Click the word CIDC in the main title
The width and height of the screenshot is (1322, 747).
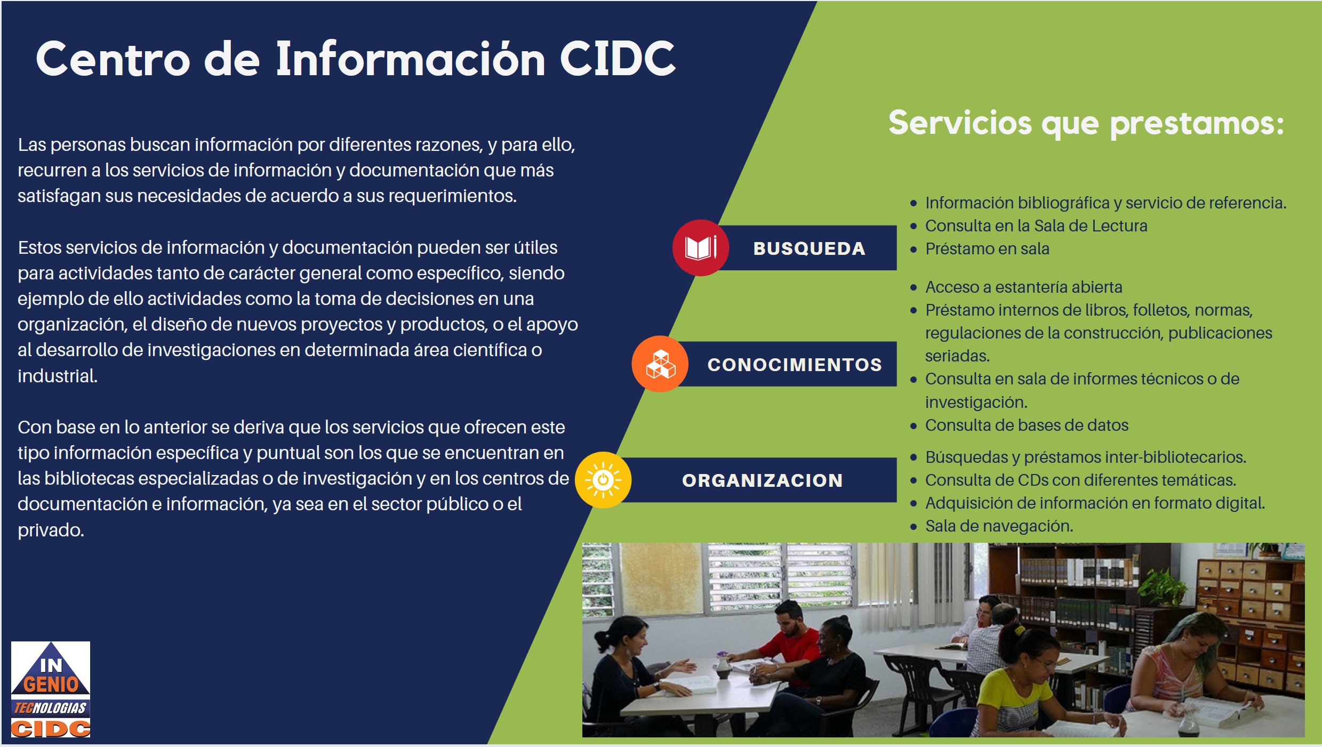(618, 59)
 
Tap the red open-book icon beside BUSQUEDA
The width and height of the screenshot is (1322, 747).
(700, 248)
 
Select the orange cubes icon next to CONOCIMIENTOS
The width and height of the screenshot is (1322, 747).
(660, 364)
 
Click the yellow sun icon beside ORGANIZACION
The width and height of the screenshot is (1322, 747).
(603, 480)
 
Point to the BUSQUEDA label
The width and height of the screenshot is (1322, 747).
(809, 248)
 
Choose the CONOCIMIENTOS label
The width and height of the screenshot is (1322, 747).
(795, 365)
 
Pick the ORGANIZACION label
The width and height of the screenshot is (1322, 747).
(763, 480)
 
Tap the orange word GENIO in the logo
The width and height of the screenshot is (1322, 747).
(51, 684)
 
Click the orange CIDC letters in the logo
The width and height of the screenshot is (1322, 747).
(51, 728)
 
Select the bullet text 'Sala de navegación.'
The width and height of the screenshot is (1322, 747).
(999, 526)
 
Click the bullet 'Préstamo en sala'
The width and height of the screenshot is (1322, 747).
(987, 249)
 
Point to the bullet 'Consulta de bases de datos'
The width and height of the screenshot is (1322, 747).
(1027, 425)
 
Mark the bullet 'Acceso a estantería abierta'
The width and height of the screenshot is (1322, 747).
(1023, 287)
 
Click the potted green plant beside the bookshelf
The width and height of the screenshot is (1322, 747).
(1163, 587)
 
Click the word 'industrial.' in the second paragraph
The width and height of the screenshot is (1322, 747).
(58, 376)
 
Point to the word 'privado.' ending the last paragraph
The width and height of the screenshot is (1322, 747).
(51, 531)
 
